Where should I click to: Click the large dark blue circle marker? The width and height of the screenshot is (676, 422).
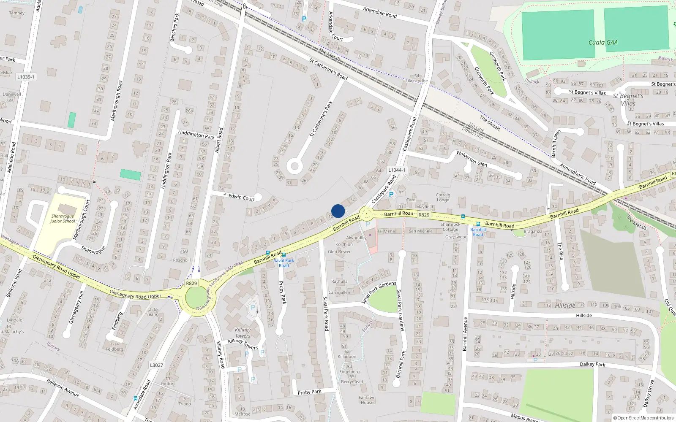(338, 211)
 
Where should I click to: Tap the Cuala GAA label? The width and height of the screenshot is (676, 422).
(603, 43)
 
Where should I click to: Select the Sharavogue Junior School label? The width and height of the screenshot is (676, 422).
(62, 219)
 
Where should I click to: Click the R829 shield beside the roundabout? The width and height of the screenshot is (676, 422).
(191, 283)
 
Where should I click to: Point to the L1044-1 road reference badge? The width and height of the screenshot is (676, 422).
(397, 170)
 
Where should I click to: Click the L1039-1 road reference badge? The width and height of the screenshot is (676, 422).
(26, 77)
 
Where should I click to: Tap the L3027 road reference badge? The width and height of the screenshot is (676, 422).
(156, 365)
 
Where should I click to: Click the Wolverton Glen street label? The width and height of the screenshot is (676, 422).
(472, 158)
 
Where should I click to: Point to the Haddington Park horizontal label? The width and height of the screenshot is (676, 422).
(196, 135)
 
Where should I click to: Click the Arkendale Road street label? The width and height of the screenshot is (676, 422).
(380, 12)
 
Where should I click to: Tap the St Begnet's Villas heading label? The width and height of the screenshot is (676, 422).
(628, 100)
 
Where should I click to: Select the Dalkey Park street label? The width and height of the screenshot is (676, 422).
(592, 364)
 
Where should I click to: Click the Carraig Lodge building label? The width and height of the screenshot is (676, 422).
(443, 197)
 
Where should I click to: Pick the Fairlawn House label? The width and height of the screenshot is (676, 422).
(367, 400)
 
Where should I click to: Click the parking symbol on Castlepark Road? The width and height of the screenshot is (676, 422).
(391, 195)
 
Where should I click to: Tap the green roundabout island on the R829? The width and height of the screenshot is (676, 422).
(201, 298)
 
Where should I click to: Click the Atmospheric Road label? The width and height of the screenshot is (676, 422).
(578, 174)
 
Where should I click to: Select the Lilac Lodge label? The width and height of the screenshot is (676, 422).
(417, 81)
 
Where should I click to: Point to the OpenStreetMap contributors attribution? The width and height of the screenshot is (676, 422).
(643, 418)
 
